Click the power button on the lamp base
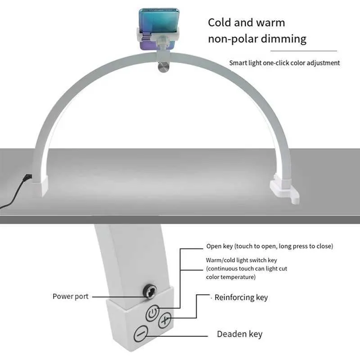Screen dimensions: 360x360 pyautogui.click(x=153, y=313)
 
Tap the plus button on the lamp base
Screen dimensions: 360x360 pyautogui.click(x=165, y=319)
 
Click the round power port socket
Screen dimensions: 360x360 pyautogui.click(x=149, y=291)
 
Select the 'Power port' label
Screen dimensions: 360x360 pyautogui.click(x=71, y=297)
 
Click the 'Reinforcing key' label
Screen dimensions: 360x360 pyautogui.click(x=241, y=297)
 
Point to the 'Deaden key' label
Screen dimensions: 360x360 pyautogui.click(x=239, y=334)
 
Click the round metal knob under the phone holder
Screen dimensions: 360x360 pyautogui.click(x=163, y=67)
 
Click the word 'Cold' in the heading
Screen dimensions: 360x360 pyautogui.click(x=219, y=23)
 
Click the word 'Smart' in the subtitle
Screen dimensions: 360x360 pyautogui.click(x=238, y=63)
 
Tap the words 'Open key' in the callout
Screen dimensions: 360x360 pyautogui.click(x=220, y=246)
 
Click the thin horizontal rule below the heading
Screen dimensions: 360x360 pyautogui.click(x=303, y=51)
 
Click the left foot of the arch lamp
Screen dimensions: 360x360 pyautogui.click(x=40, y=187)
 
